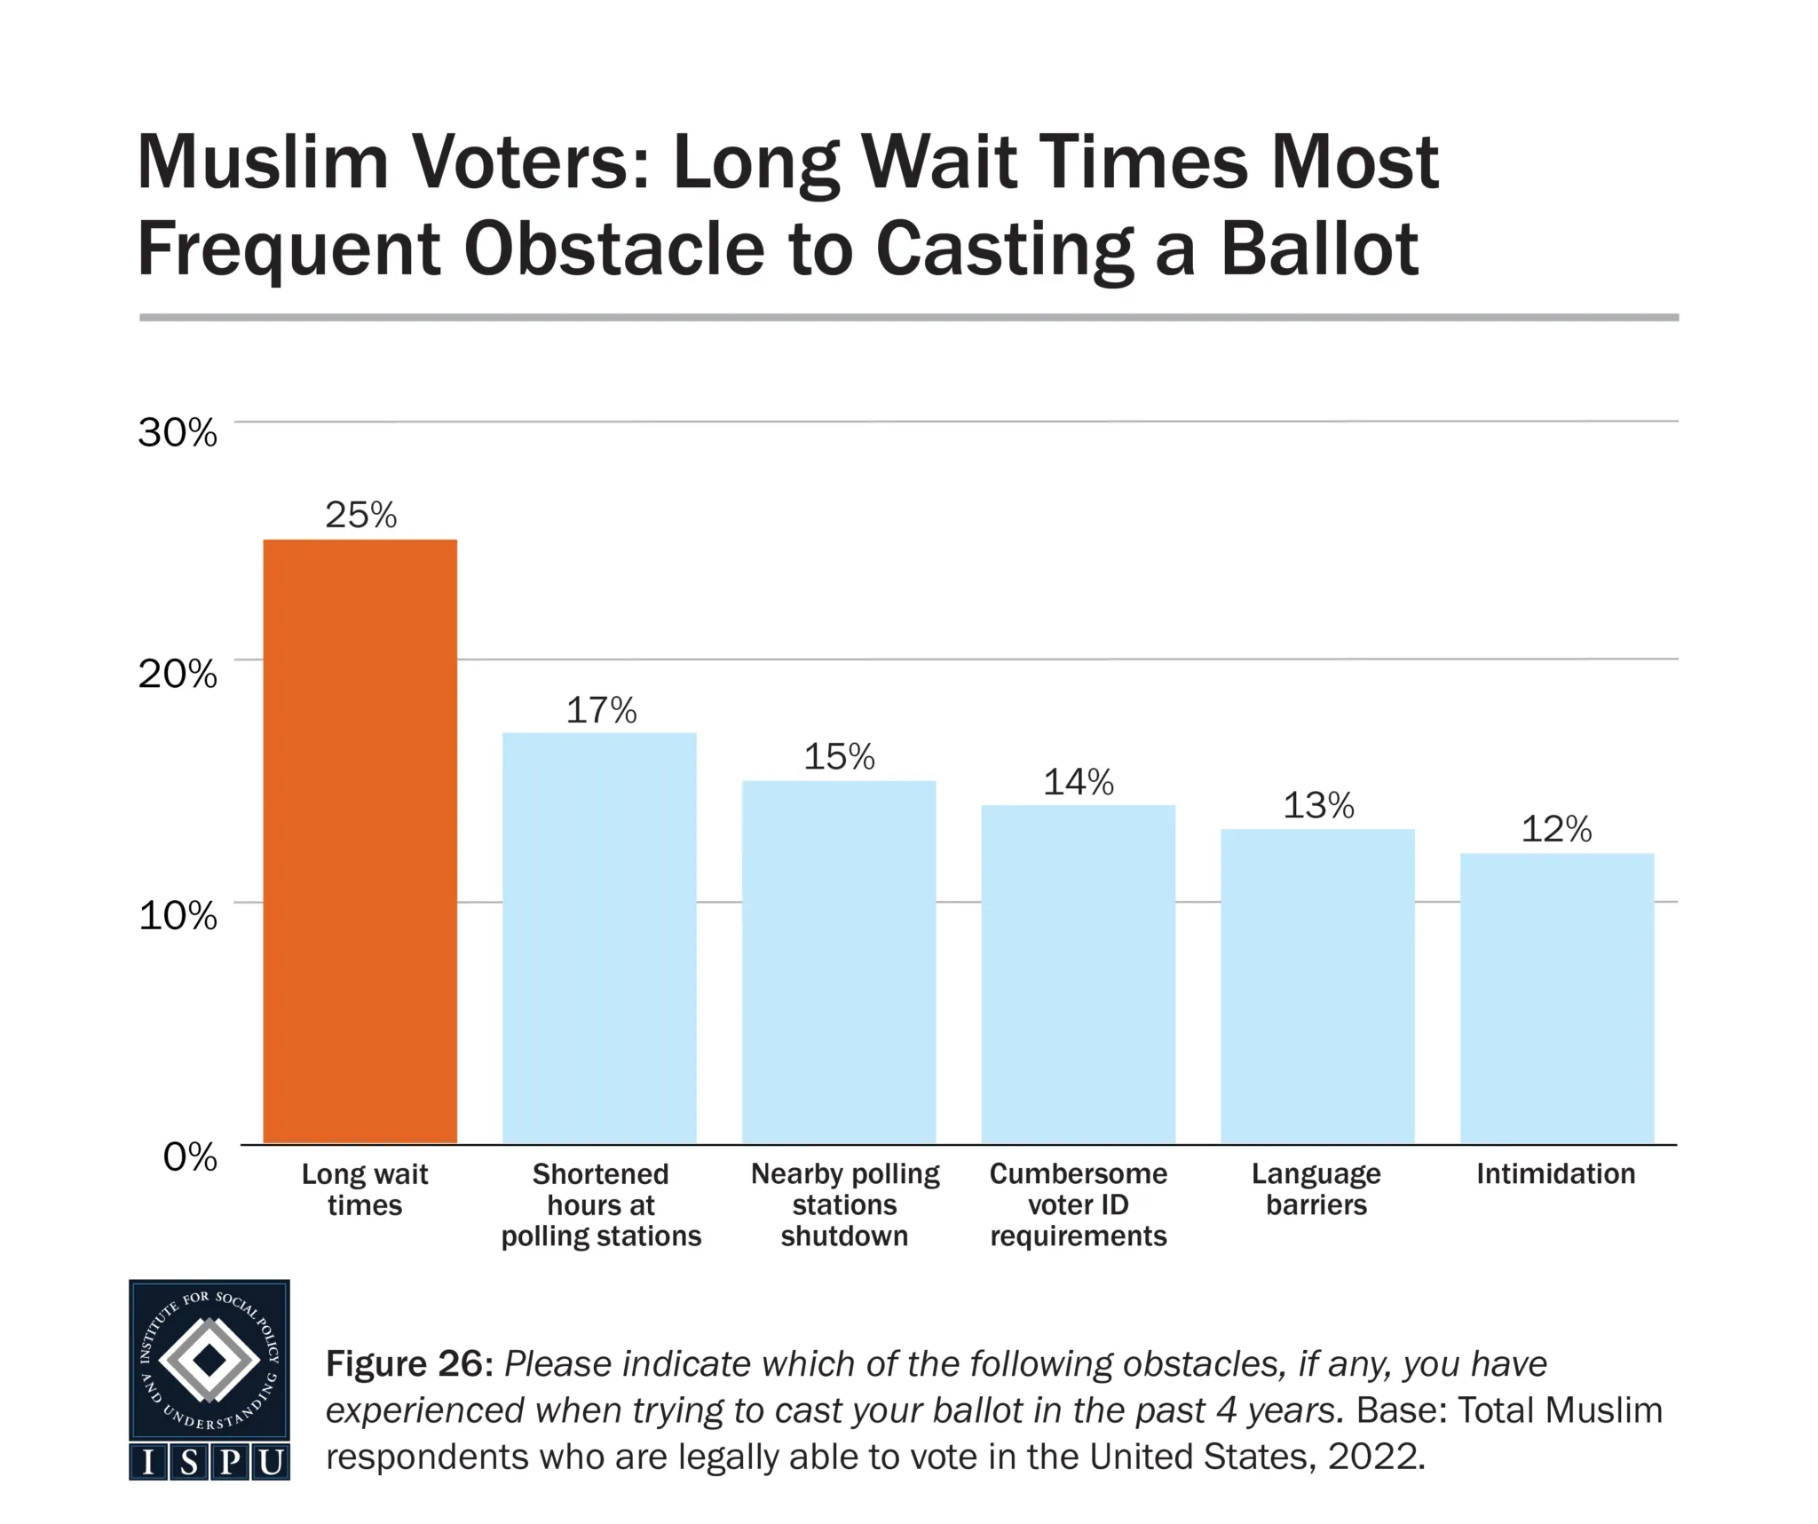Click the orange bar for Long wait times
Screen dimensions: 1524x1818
tap(360, 841)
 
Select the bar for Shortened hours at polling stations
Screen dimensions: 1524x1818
tap(599, 937)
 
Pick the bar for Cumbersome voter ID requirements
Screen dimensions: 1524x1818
tap(1078, 974)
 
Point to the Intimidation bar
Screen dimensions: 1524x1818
tap(1556, 998)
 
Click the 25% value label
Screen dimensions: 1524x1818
tap(360, 515)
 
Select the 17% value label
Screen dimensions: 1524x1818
tap(601, 710)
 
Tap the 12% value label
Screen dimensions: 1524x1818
tap(1556, 829)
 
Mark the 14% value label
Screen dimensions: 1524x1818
tap(1078, 782)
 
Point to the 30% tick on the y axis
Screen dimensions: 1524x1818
tap(178, 433)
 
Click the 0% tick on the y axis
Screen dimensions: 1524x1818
tap(190, 1157)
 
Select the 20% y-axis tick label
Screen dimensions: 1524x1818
tap(178, 675)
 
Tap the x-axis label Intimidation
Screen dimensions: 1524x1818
tap(1555, 1173)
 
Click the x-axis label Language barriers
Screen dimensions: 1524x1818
tap(1316, 1189)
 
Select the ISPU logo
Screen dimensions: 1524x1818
tap(209, 1379)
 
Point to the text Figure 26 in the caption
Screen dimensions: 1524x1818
tap(408, 1363)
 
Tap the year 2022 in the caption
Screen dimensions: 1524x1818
tap(1375, 1457)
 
